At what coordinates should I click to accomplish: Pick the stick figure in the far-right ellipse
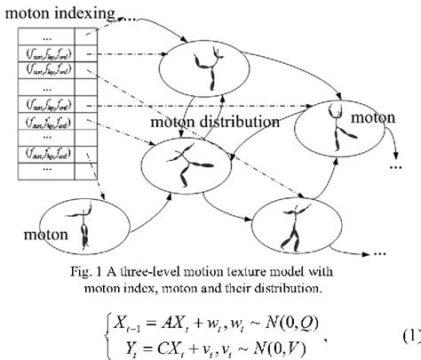pos(336,125)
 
